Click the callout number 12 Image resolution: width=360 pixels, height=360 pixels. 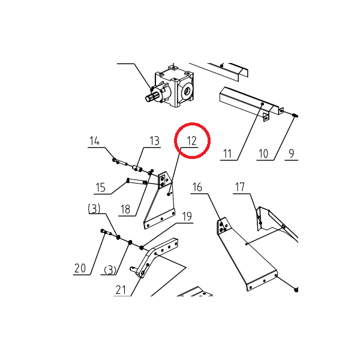(192, 141)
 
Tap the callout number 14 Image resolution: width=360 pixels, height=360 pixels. (94, 141)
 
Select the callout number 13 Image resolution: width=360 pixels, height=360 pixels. (154, 141)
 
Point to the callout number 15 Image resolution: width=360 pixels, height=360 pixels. (100, 187)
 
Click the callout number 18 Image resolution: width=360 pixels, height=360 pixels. (125, 209)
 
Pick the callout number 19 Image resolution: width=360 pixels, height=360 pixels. (187, 216)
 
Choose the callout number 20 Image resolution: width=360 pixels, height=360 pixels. (80, 268)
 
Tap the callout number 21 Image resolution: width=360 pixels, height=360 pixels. (121, 290)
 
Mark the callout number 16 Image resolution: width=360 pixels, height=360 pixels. (197, 187)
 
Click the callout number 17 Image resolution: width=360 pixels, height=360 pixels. (239, 187)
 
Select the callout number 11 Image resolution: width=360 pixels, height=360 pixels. (227, 154)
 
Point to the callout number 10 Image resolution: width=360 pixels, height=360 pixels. (263, 154)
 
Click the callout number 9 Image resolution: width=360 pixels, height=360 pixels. (291, 153)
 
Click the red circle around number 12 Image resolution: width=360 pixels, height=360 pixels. (193, 123)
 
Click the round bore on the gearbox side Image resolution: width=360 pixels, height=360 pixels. (186, 91)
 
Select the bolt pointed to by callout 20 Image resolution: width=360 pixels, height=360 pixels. (105, 232)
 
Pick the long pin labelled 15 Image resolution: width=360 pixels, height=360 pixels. (137, 182)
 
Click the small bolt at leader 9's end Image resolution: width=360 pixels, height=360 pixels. (295, 115)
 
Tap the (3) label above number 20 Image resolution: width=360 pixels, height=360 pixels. (94, 209)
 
